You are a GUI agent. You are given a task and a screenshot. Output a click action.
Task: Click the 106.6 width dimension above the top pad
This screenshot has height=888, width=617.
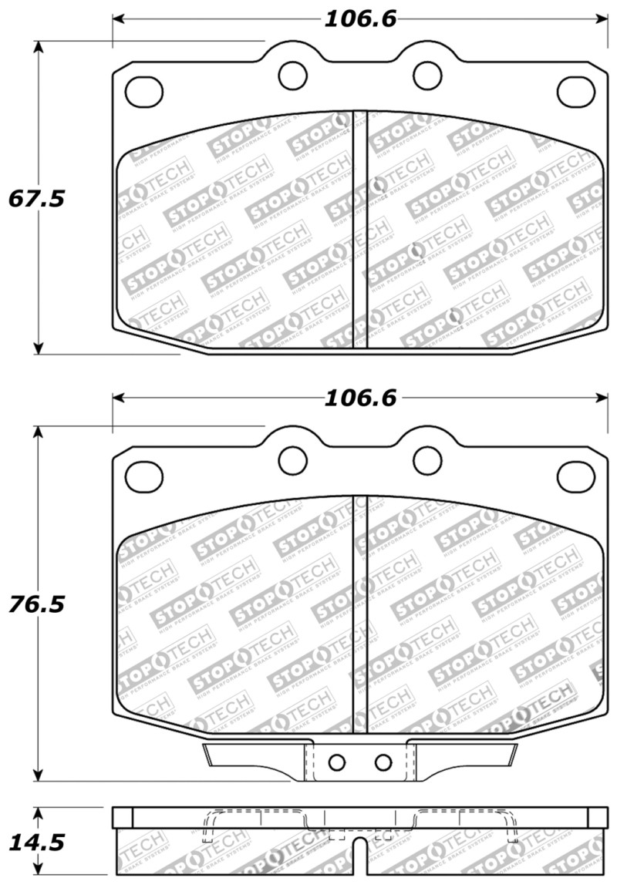tap(359, 19)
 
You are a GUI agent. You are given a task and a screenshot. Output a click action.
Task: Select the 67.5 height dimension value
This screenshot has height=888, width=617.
tap(37, 198)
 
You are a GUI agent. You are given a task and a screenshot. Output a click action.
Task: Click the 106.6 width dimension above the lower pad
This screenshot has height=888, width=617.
tap(359, 398)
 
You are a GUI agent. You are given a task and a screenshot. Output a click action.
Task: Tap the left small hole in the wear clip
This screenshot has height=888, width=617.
tap(336, 762)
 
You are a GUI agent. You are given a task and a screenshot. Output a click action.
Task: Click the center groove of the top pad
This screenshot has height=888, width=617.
tap(359, 231)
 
